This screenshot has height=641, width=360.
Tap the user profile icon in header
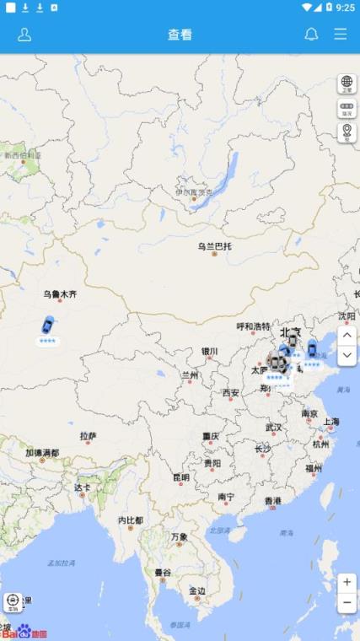(x=24, y=35)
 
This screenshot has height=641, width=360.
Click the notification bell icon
(x=311, y=35)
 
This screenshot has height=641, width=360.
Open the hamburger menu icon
(x=340, y=35)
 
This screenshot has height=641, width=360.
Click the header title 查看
(x=180, y=35)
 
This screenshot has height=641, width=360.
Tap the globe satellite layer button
(x=347, y=83)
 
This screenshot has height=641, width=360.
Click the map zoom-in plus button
(x=347, y=583)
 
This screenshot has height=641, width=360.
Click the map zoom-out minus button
(x=347, y=603)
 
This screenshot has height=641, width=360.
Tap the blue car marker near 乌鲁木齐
(x=47, y=324)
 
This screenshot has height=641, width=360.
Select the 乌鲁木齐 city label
(x=61, y=294)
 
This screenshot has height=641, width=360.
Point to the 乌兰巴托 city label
(x=214, y=246)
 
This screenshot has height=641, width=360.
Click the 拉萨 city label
(x=89, y=436)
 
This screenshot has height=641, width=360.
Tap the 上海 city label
(x=330, y=422)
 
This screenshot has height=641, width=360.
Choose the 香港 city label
(x=272, y=500)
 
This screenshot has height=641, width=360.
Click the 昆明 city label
(x=181, y=477)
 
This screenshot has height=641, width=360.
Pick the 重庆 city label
(x=211, y=436)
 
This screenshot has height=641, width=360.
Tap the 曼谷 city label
(x=163, y=573)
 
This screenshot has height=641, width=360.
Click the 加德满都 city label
(x=42, y=453)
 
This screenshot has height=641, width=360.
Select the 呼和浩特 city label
(x=253, y=326)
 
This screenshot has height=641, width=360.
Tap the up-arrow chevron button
(x=347, y=336)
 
